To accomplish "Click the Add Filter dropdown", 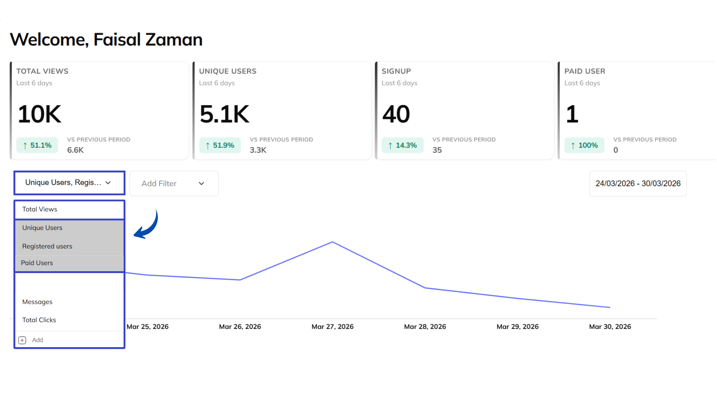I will pos(174,183).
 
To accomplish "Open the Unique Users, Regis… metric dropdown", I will pos(69,183).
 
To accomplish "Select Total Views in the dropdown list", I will pos(40,209).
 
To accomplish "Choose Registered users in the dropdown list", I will pos(47,246).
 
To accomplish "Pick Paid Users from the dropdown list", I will pos(37,263).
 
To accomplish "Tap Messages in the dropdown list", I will pos(37,302).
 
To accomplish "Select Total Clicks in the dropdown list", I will pos(39,320).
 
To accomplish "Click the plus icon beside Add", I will pos(22,340).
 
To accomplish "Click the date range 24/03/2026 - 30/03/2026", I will pos(638,183).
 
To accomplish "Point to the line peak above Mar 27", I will pos(332,242).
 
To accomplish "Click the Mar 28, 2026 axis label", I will pos(425,327).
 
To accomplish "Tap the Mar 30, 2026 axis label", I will pos(610,327).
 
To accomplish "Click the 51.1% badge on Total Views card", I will pos(37,145).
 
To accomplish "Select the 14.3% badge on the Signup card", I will pos(403,145).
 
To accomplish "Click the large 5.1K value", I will pos(224,114).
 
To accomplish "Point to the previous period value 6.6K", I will pos(75,150).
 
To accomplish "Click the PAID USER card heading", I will pos(584,71).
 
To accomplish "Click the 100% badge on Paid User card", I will pos(584,145).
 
